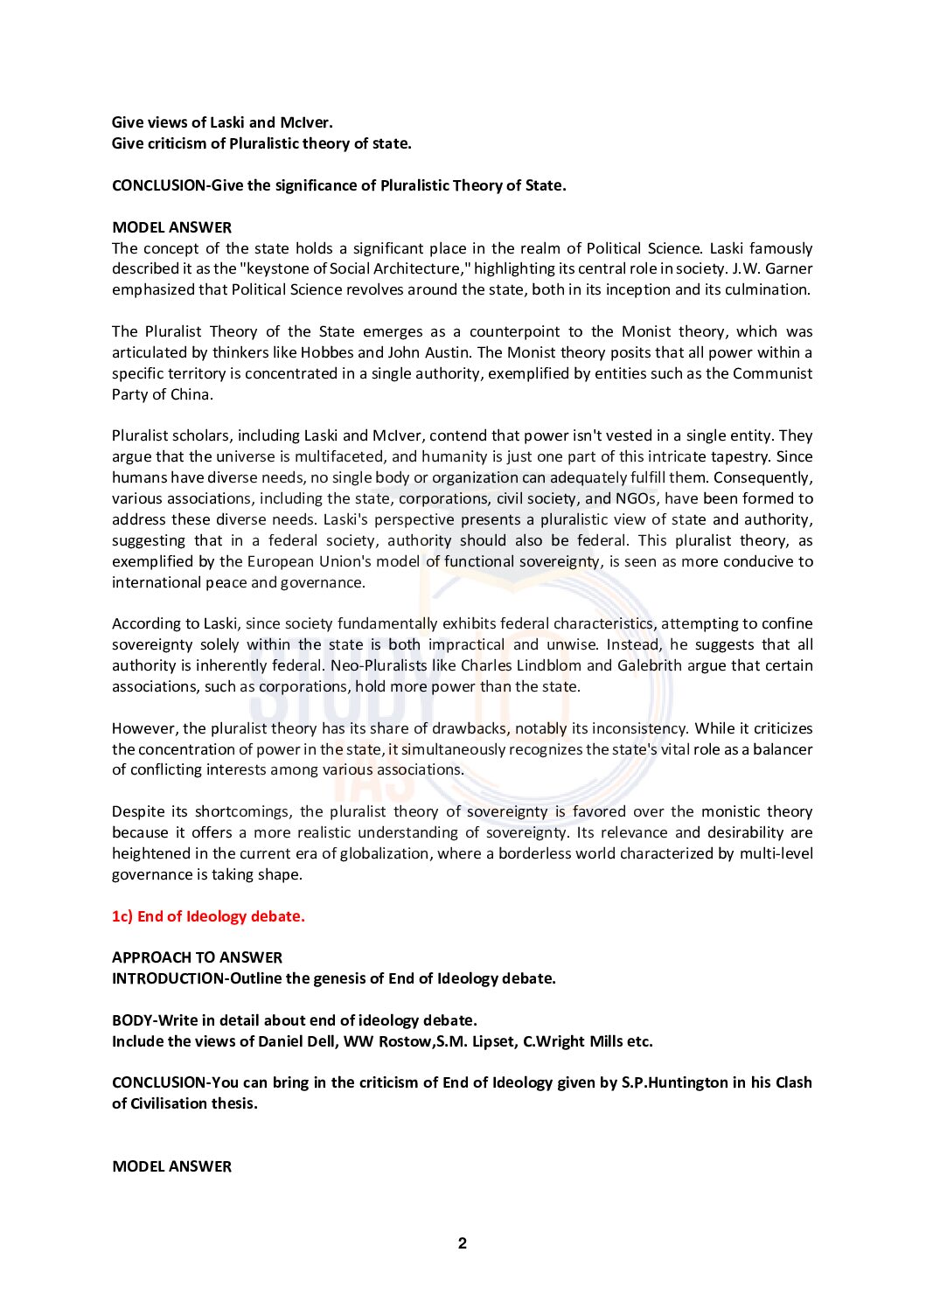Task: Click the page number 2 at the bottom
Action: pos(463,1243)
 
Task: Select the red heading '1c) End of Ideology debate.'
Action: pos(208,916)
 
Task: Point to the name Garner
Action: pos(788,268)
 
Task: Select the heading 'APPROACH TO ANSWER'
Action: pos(197,957)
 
